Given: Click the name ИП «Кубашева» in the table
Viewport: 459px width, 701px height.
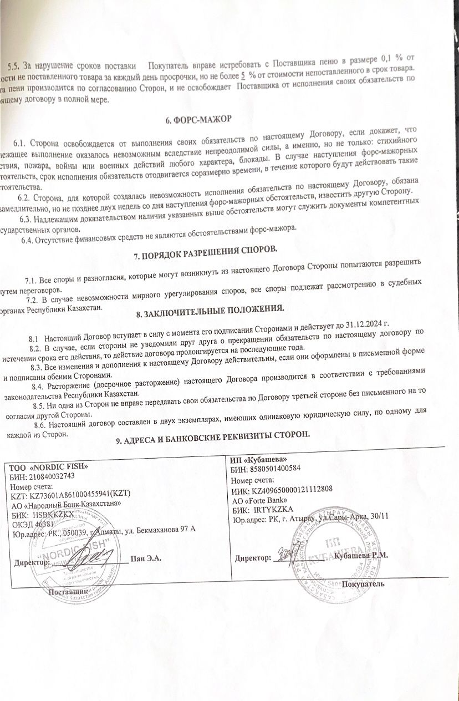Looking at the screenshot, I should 259,460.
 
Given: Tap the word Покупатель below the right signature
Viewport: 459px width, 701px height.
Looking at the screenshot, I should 363,584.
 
